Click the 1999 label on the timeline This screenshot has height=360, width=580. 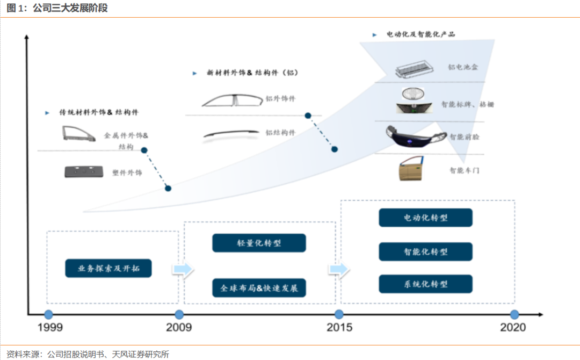point(49,327)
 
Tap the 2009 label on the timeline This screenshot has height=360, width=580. point(179,327)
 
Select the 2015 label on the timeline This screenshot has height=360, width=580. point(339,327)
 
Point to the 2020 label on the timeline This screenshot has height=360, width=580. point(513,327)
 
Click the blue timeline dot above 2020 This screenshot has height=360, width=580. point(514,314)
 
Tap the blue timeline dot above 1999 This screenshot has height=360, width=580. point(48,314)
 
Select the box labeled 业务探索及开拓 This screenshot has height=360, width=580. point(108,268)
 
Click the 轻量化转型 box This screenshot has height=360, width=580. point(259,243)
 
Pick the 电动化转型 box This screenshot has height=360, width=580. point(425,218)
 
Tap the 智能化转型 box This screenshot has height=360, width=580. point(425,251)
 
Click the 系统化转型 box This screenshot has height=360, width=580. point(425,284)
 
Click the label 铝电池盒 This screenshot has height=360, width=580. point(463,68)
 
